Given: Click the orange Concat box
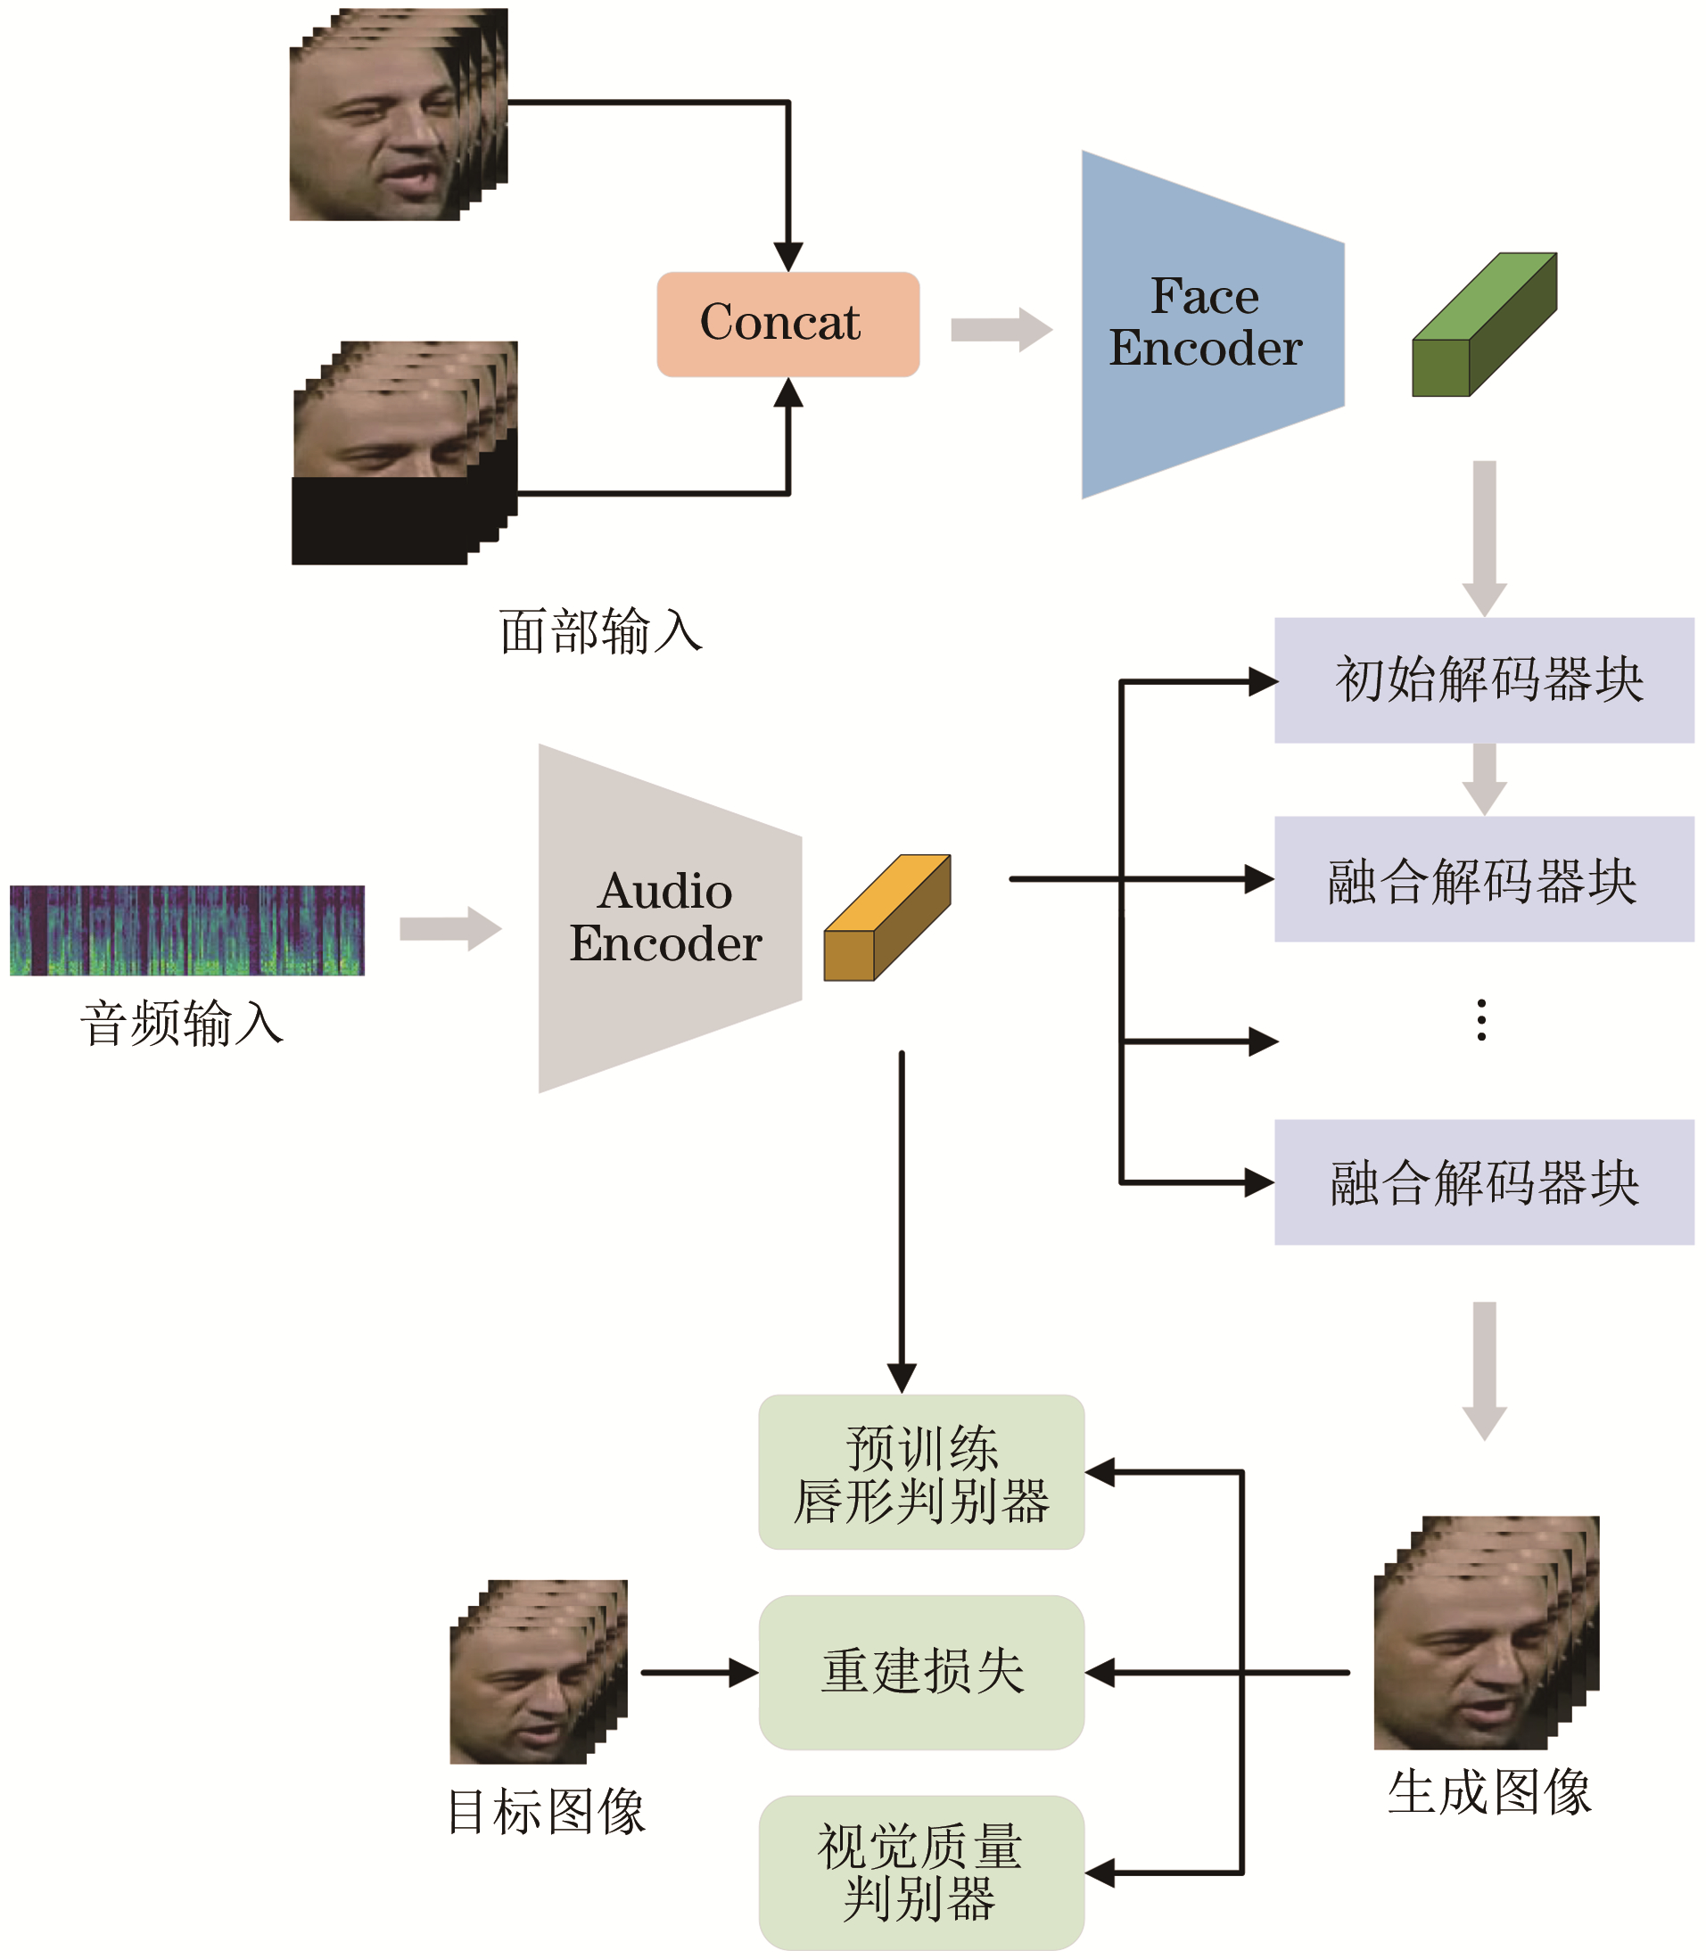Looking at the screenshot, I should [x=787, y=325].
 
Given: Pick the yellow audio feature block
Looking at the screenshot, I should [x=886, y=918].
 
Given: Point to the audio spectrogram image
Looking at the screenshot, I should [x=186, y=930].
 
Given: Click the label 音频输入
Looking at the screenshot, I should [x=182, y=1025].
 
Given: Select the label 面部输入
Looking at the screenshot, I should [x=601, y=632].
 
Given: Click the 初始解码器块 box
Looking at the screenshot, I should [x=1483, y=679].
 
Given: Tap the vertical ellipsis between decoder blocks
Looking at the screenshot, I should [x=1481, y=1019].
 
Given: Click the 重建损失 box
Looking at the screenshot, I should [x=920, y=1673].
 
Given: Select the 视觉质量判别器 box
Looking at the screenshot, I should [x=920, y=1873].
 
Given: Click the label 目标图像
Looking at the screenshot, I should [x=547, y=1812].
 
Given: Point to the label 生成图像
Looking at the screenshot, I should [x=1489, y=1792].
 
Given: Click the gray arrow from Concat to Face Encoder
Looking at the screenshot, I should [x=1001, y=329].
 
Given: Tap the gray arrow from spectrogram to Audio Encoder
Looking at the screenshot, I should [x=449, y=928].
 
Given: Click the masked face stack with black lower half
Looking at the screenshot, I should [x=404, y=453].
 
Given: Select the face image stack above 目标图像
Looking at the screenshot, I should [x=538, y=1673].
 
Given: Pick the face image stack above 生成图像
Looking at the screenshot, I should [x=1485, y=1634].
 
